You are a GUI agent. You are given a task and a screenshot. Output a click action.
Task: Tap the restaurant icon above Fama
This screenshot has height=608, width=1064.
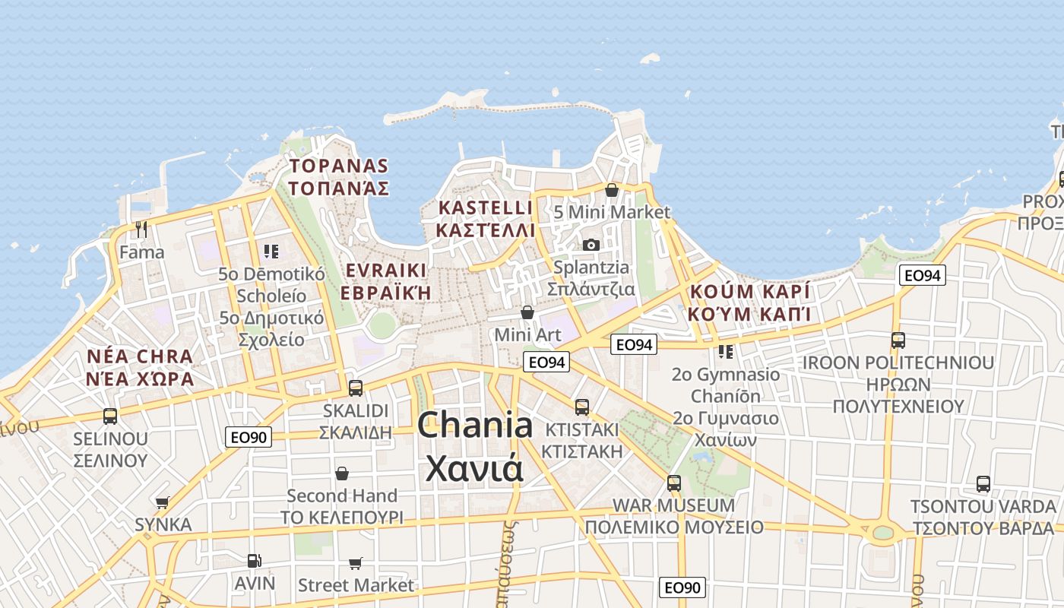(141, 228)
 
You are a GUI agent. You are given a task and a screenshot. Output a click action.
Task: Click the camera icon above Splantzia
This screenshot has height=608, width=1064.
(591, 245)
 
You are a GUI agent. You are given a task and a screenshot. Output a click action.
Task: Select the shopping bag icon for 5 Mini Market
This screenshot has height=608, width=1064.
(612, 190)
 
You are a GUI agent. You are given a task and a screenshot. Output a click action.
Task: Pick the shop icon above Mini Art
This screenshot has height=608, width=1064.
(527, 312)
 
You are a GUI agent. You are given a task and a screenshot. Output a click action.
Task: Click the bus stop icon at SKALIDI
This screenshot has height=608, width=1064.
(355, 388)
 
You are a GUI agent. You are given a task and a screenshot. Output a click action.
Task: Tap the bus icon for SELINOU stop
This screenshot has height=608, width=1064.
(110, 416)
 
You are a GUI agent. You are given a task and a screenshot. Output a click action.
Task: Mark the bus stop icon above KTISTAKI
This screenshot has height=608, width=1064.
(582, 407)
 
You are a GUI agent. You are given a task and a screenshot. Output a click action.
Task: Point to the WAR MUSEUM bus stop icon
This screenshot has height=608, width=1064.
(673, 483)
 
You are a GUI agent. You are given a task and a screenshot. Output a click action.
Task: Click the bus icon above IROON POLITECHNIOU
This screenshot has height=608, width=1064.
(898, 340)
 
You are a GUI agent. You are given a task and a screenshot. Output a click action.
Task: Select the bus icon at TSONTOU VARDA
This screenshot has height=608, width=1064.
(983, 484)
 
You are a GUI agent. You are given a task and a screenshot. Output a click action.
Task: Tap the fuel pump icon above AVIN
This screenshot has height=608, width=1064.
(255, 561)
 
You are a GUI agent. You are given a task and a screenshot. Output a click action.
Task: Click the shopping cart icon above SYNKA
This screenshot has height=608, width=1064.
(163, 502)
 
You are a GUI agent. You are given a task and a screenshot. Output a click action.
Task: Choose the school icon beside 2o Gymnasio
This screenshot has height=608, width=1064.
(726, 351)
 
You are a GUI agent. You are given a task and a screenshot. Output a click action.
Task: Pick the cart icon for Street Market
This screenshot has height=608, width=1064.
(356, 563)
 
